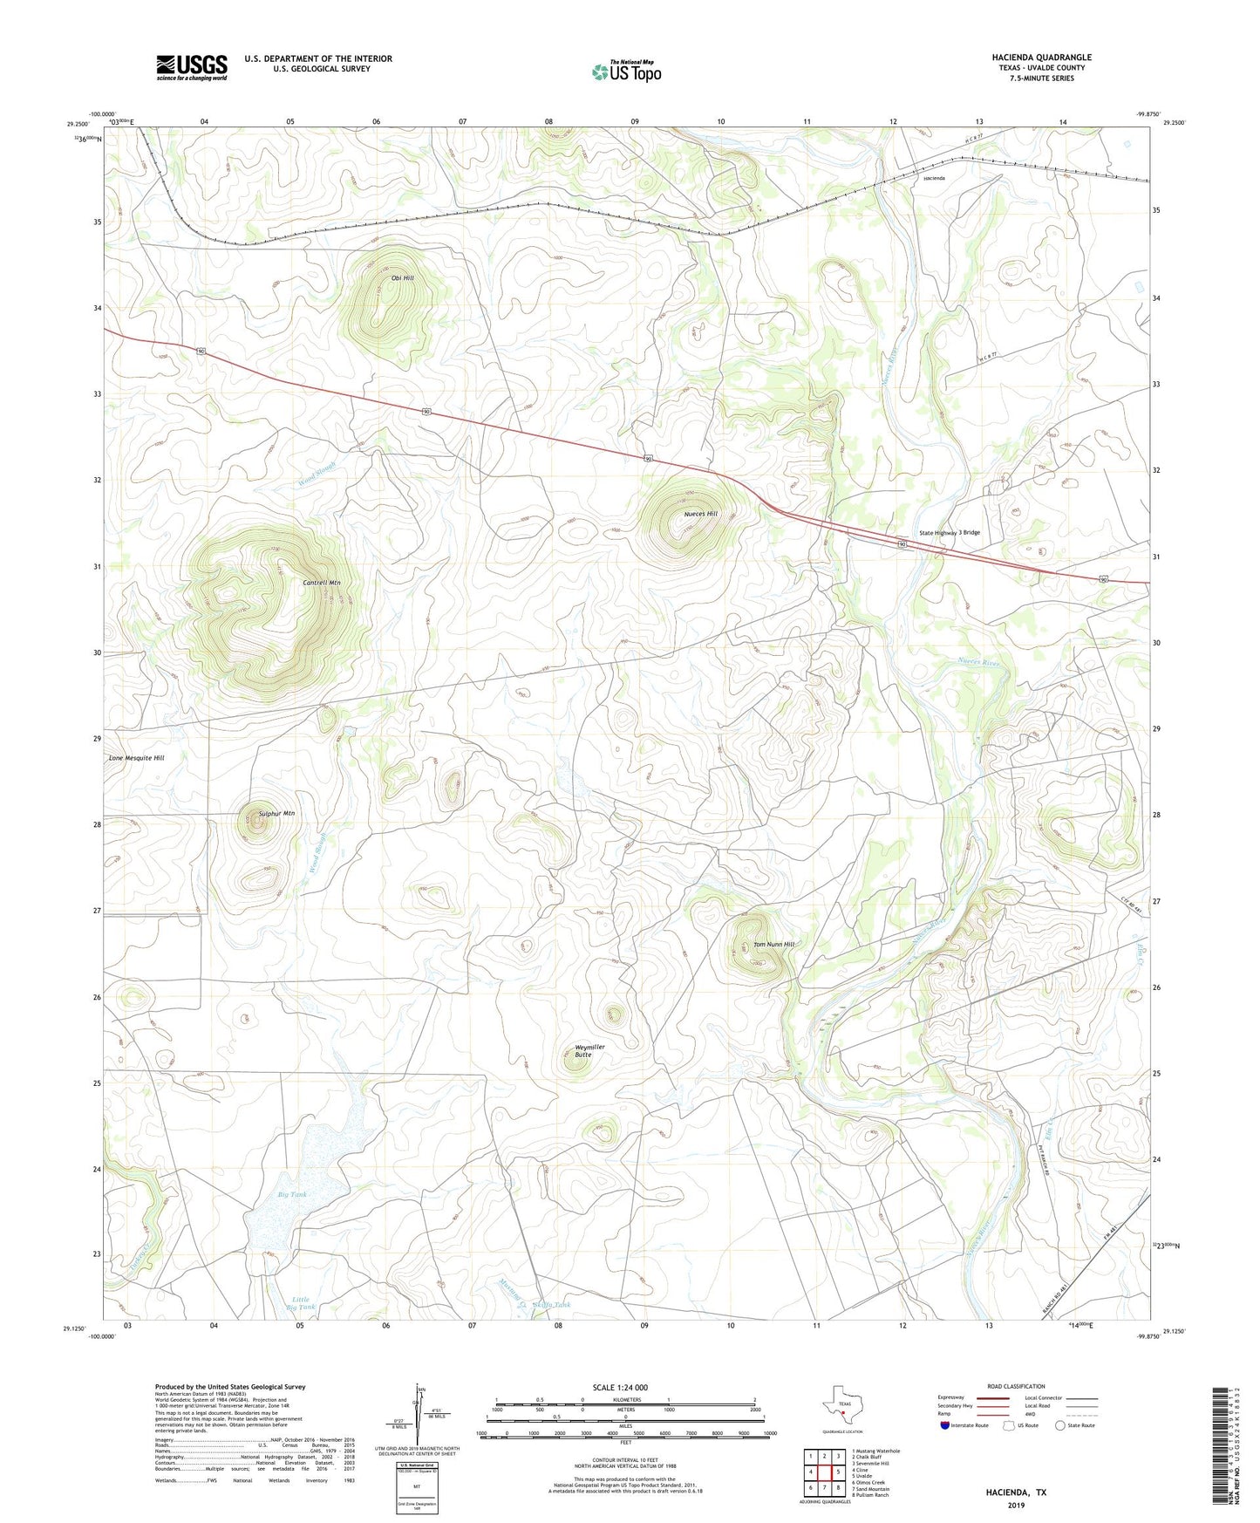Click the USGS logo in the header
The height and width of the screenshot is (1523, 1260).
(192, 67)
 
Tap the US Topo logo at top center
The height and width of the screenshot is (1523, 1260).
(626, 72)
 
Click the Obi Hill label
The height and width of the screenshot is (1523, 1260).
(402, 278)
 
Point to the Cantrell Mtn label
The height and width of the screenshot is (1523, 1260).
(321, 583)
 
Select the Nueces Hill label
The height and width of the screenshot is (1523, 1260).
(700, 514)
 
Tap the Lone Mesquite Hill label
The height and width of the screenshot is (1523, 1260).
(136, 758)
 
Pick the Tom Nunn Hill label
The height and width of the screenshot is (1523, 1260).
(773, 944)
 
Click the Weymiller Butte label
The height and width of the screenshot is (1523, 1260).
(589, 1050)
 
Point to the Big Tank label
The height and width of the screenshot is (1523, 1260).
(292, 1194)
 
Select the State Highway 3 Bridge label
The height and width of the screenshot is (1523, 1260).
(950, 532)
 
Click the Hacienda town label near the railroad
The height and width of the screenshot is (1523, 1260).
(934, 178)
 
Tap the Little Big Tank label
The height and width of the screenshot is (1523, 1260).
(300, 1303)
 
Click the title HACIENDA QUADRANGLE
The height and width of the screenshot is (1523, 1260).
(1041, 58)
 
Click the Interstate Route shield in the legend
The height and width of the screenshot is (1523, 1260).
(945, 1425)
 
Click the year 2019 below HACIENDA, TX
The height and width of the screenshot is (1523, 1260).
(1016, 1505)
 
